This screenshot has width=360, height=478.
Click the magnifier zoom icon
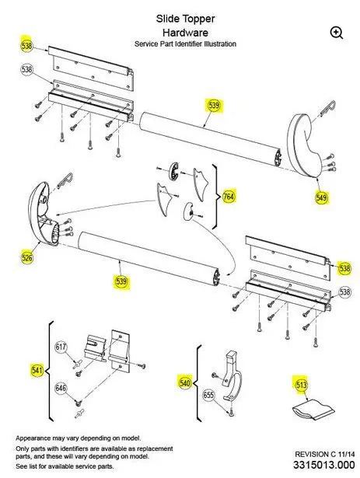[x=336, y=32]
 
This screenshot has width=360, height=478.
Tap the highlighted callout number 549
[x=322, y=197]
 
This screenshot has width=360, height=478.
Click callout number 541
[x=37, y=370]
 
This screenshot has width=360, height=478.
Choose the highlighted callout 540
[x=185, y=382]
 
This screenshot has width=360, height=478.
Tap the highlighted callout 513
[x=300, y=382]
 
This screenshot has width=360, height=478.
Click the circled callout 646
[x=61, y=386]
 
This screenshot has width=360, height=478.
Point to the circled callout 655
[x=208, y=395]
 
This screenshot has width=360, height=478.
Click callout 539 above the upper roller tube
[x=213, y=105]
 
